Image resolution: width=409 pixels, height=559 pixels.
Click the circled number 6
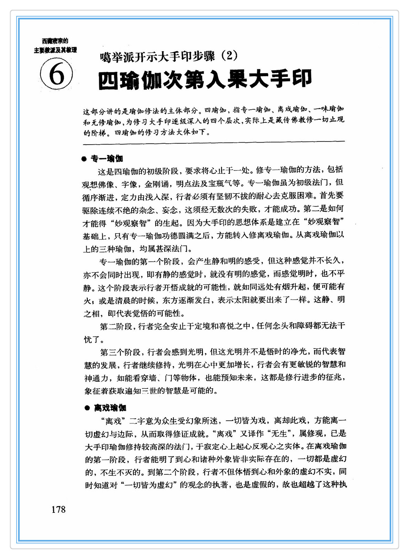56,74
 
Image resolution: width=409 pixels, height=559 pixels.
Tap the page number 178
59,509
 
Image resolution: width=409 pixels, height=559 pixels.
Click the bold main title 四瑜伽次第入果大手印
205,80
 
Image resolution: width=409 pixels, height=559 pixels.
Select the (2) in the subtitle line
228,55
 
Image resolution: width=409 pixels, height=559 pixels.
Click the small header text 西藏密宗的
55,41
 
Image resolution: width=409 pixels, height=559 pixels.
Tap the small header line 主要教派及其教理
55,50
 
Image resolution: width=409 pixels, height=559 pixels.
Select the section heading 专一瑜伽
107,159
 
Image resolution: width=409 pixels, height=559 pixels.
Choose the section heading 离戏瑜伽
110,408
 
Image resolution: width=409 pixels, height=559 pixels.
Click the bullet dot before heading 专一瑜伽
84,159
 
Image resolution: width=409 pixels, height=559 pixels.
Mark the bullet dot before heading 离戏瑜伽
87,408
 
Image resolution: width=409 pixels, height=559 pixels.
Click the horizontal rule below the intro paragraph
213,141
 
